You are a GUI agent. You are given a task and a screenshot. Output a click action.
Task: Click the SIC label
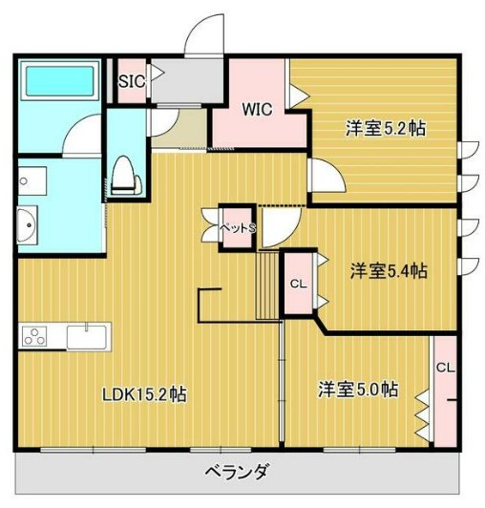[131, 82]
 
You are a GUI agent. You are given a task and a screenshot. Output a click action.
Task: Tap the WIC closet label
[257, 110]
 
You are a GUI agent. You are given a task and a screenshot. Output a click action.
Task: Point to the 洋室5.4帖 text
[388, 271]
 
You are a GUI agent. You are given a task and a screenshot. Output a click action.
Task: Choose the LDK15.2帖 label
[145, 394]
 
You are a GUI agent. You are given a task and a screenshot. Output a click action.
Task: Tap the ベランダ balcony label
[237, 471]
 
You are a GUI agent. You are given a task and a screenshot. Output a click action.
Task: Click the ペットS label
[239, 229]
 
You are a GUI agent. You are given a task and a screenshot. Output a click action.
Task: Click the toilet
[122, 177]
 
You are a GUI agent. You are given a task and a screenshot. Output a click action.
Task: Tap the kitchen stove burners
[36, 337]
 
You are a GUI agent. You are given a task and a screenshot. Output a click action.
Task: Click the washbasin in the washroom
[26, 226]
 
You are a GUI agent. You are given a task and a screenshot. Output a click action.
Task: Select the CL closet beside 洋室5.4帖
[298, 283]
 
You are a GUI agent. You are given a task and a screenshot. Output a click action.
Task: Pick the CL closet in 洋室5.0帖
[445, 369]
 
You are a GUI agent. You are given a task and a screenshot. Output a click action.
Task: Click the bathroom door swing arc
[84, 135]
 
